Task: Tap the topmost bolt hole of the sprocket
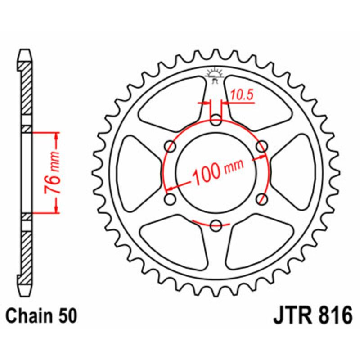pyautogui.click(x=216, y=120)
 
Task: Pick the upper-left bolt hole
pyautogui.click(x=171, y=146)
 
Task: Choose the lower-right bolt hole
pyautogui.click(x=261, y=198)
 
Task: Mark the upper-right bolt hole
pyautogui.click(x=261, y=146)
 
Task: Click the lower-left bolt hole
pyautogui.click(x=171, y=198)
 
